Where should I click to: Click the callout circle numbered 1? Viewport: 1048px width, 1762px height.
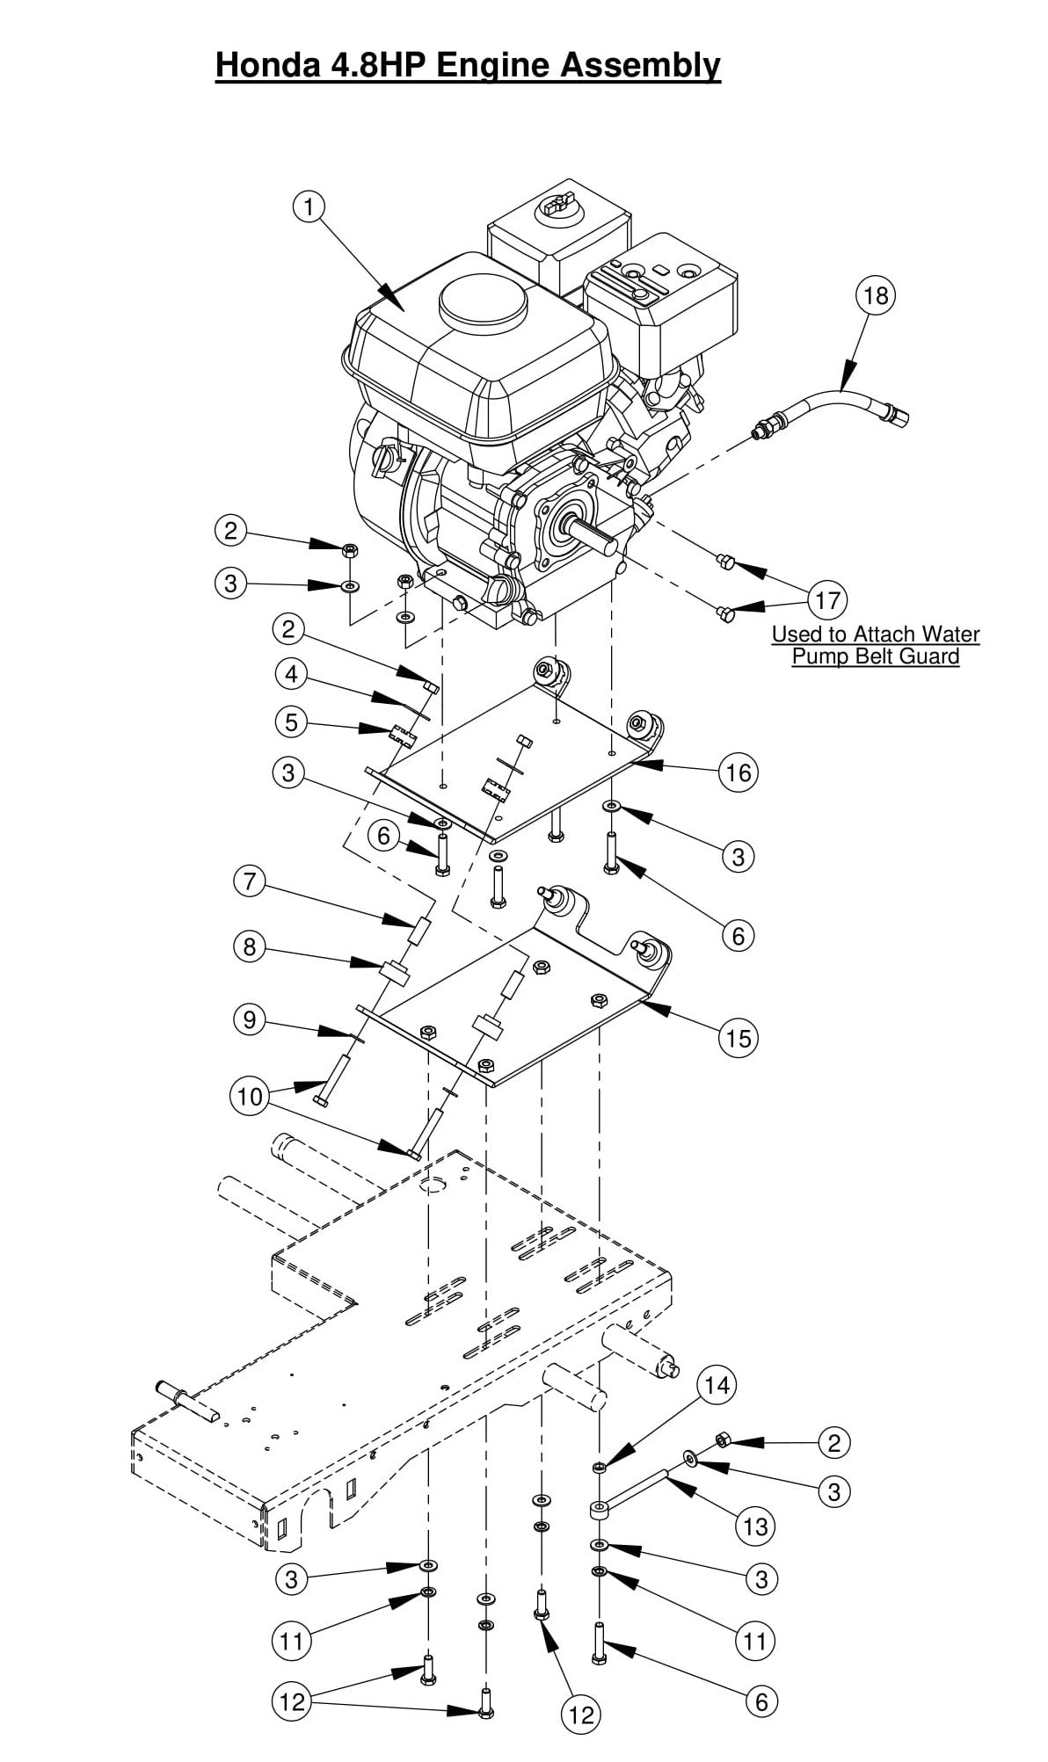click(x=309, y=207)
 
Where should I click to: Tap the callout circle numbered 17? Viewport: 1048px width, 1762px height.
click(x=827, y=600)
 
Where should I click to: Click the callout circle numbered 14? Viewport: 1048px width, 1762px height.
click(x=717, y=1385)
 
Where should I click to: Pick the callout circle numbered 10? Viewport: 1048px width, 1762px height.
click(x=250, y=1096)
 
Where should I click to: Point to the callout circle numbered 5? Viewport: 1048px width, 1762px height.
click(x=291, y=722)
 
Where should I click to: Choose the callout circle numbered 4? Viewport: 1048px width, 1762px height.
click(x=291, y=674)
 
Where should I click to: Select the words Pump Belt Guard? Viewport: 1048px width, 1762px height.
click(x=875, y=656)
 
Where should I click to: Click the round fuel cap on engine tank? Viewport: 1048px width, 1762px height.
click(x=484, y=303)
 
